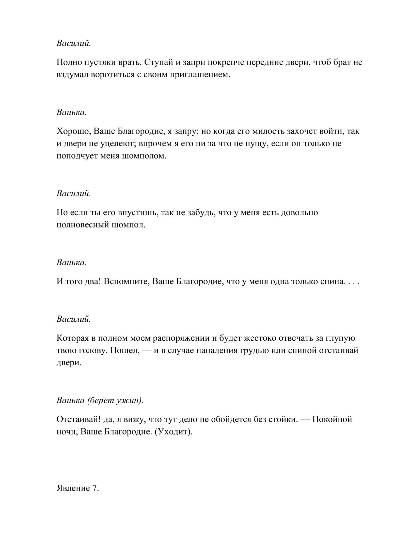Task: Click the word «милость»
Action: coord(268,132)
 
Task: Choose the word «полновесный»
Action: coord(82,225)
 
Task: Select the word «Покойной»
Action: coord(332,419)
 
